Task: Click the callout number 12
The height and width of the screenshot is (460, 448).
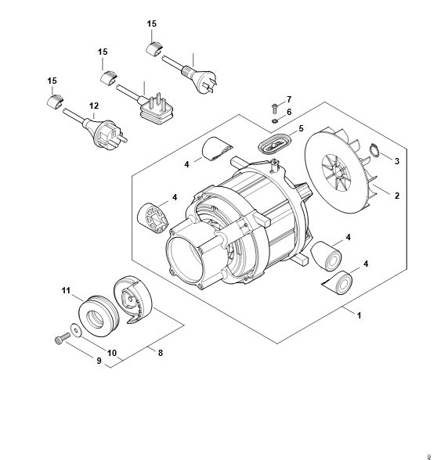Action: coord(94,106)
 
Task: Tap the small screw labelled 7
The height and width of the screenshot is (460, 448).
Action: coord(275,109)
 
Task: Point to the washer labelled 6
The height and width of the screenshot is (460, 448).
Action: coord(275,120)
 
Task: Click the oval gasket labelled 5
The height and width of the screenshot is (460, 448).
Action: coord(274,144)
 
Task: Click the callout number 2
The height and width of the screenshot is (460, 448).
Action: coord(397,196)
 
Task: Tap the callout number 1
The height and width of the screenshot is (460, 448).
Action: coord(359,316)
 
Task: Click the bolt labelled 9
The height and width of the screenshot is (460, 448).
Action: coord(62,338)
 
